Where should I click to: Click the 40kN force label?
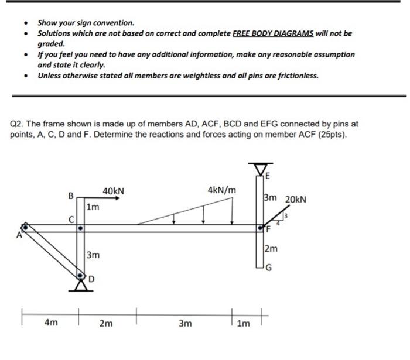(x=113, y=191)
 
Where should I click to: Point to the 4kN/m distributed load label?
(x=222, y=190)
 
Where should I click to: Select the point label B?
(x=71, y=196)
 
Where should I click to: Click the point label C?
(x=72, y=219)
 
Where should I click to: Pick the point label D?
(x=91, y=279)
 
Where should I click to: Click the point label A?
(x=19, y=235)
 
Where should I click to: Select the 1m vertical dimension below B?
(x=93, y=207)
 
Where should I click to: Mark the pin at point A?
(x=25, y=227)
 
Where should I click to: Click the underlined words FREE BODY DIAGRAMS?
(x=274, y=33)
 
